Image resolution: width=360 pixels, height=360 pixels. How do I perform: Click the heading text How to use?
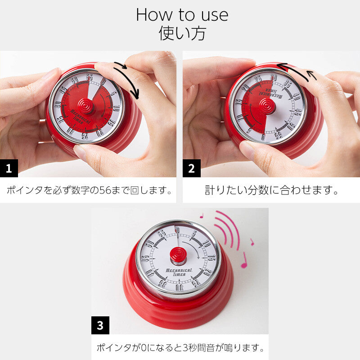[182, 15]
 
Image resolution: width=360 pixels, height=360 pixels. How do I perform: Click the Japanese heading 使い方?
[182, 34]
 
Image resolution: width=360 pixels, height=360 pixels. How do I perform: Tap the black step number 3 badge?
[100, 325]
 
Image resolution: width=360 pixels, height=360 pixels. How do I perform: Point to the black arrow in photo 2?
[295, 72]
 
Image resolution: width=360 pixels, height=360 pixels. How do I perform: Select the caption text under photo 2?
[271, 190]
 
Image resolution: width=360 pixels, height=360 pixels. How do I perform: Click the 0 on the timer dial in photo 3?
[177, 230]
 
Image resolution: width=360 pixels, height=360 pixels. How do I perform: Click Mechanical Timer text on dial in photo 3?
[179, 272]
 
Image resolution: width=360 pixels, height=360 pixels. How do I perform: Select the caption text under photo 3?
[180, 348]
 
